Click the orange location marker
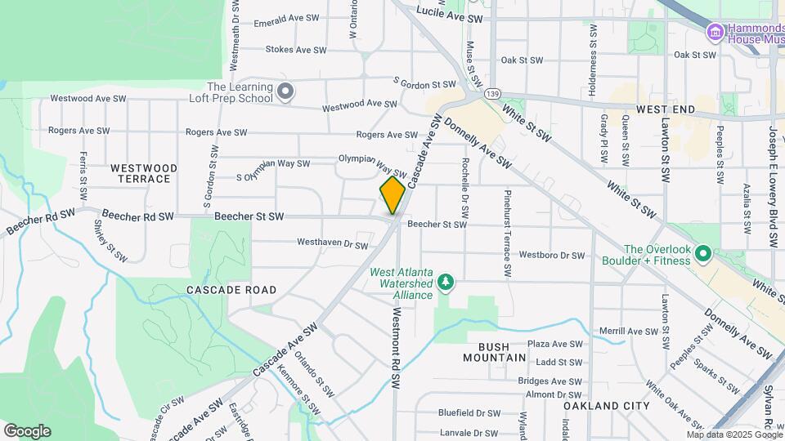tap(392, 195)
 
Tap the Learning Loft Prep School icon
tap(285, 91)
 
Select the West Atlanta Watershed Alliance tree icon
tap(445, 283)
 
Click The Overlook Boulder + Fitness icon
tap(702, 256)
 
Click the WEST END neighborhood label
tap(665, 109)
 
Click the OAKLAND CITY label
tap(606, 406)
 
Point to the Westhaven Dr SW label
tap(332, 243)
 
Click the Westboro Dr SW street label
tap(551, 256)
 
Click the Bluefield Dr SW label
tap(469, 413)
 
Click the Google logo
tap(27, 430)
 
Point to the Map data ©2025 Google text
tap(733, 434)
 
